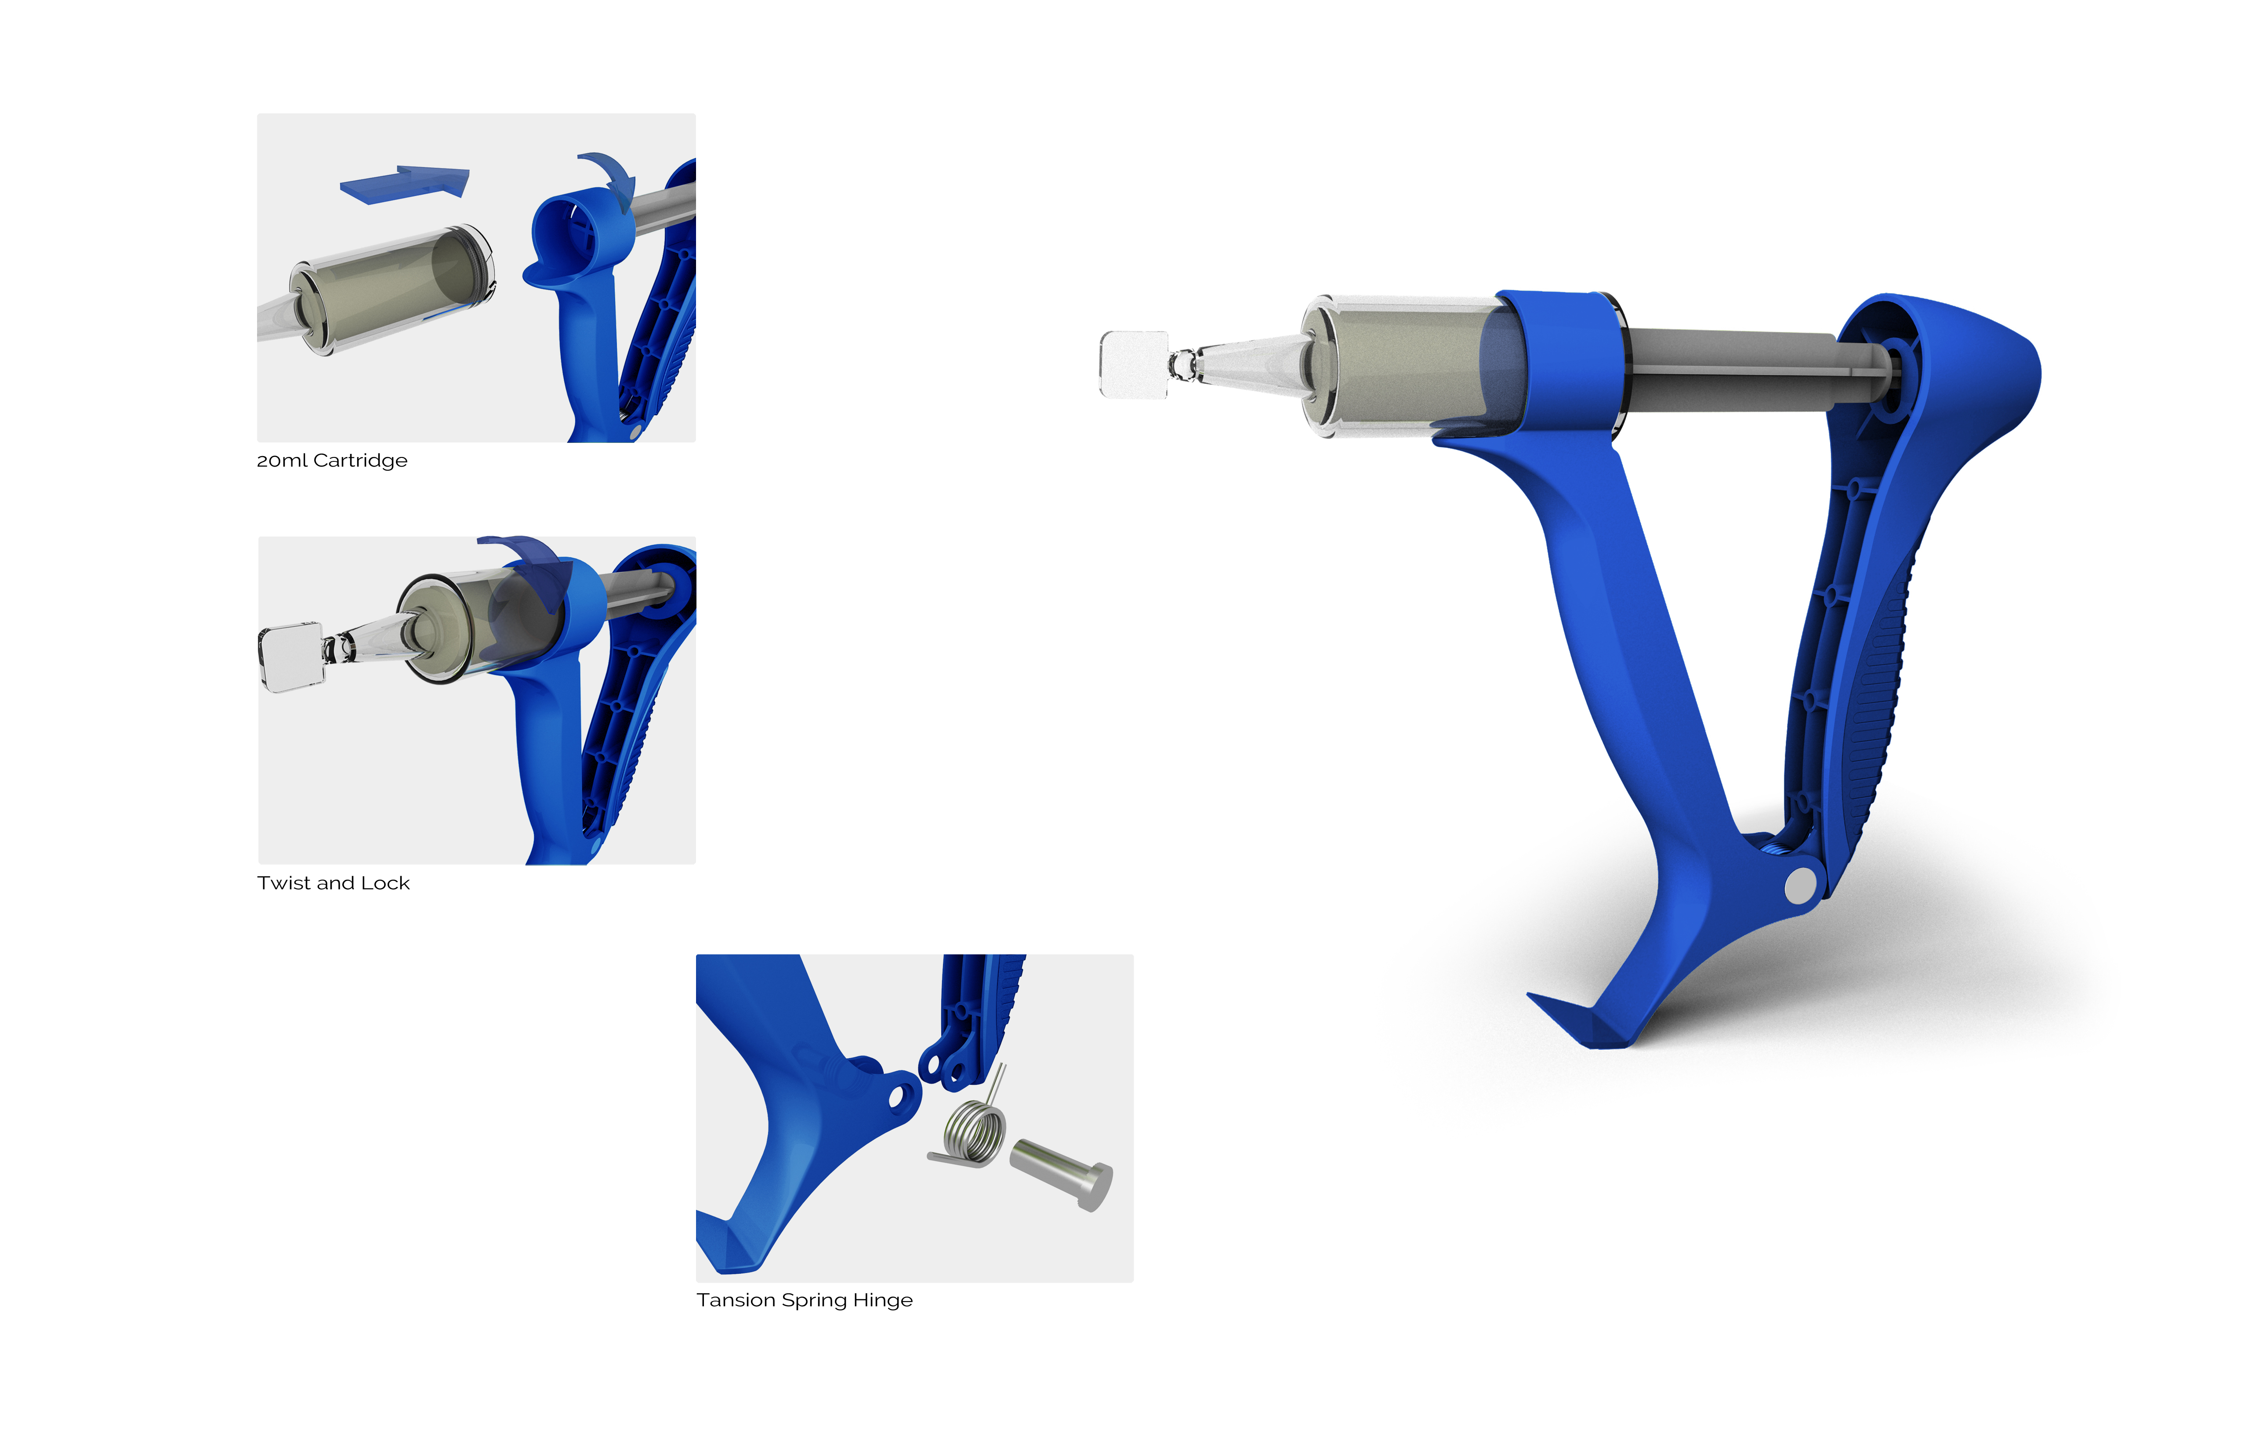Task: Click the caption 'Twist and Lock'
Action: click(334, 883)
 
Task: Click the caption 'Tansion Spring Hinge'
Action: click(804, 1300)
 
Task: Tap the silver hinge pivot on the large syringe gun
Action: click(1800, 885)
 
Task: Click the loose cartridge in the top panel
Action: click(391, 290)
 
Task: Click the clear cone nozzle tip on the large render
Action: click(1247, 362)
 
